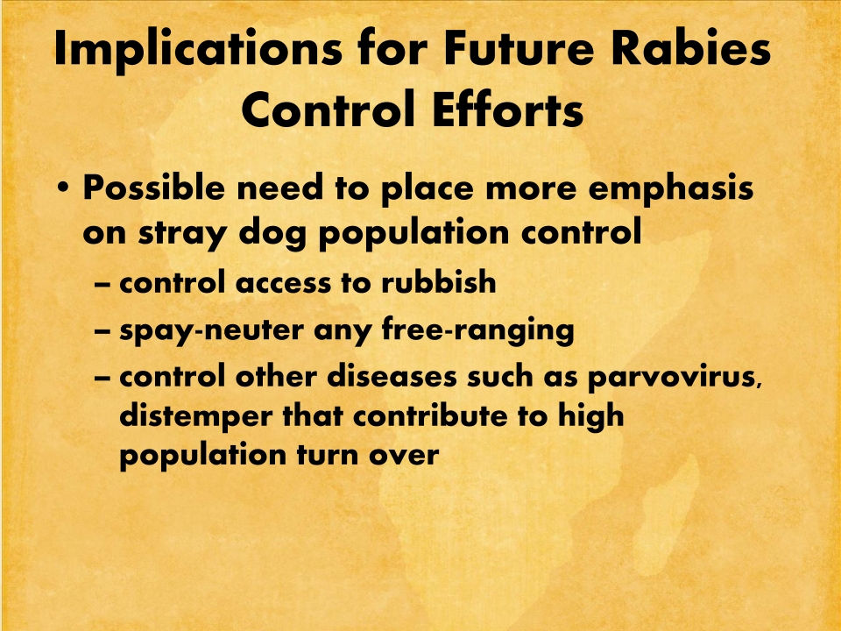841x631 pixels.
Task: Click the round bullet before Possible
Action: click(63, 189)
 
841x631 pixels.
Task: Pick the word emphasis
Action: click(671, 190)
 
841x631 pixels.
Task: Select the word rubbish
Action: click(439, 281)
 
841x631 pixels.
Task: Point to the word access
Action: click(283, 283)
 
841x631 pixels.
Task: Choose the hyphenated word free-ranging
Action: click(478, 330)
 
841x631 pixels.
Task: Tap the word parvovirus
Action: click(675, 377)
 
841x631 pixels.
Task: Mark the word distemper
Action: click(195, 417)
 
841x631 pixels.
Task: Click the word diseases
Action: click(392, 376)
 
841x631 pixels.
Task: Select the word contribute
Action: click(430, 415)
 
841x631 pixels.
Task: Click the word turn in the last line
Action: click(328, 455)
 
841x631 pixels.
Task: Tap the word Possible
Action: click(154, 188)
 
